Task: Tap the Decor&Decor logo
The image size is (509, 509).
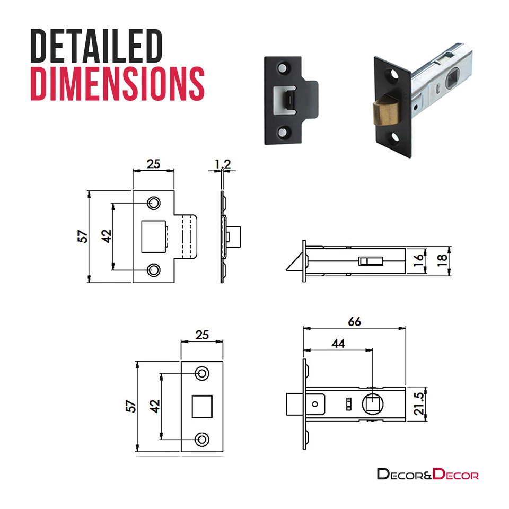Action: point(427,473)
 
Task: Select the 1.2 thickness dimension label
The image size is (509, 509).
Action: point(223,164)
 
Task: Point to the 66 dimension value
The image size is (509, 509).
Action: point(355,321)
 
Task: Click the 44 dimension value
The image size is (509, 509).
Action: point(338,344)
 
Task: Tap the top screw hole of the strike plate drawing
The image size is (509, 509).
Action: point(154,203)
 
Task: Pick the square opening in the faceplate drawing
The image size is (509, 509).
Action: point(202,406)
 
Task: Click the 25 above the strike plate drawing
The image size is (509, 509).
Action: point(153,164)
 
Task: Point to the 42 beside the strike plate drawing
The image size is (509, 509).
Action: point(106,236)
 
